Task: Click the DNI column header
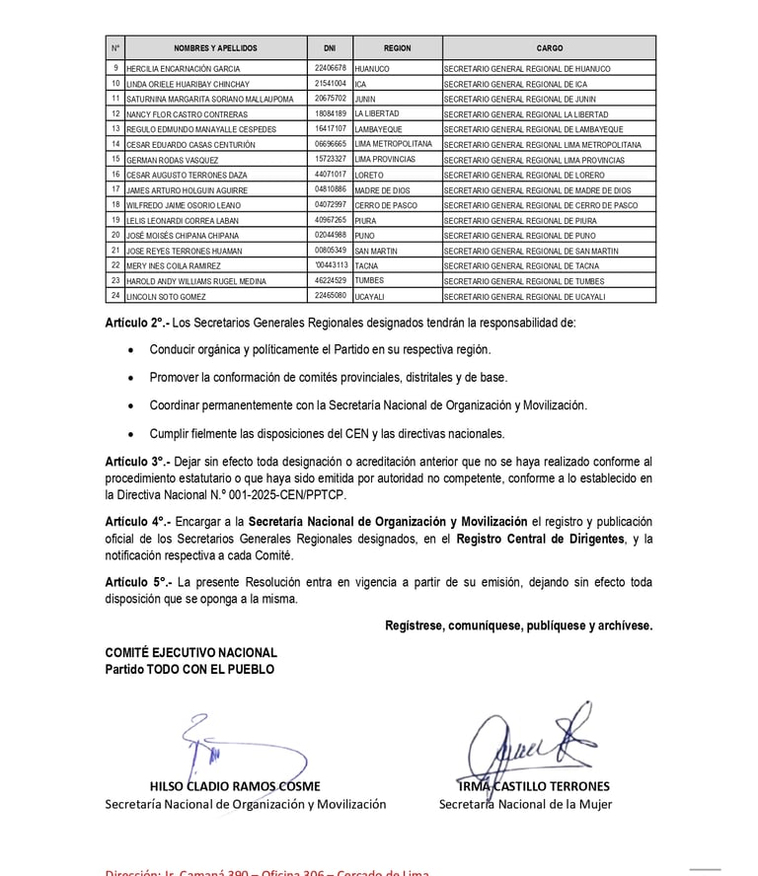pos(330,47)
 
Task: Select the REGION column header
pos(397,47)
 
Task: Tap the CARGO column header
pos(549,47)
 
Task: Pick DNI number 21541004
pos(330,84)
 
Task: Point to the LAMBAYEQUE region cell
pos(380,129)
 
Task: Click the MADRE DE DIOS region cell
pos(382,189)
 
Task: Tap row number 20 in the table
pos(115,235)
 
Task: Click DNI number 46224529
pos(330,280)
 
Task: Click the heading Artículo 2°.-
pos(138,322)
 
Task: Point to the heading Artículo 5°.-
pos(138,582)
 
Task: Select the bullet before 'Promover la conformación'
pos(133,377)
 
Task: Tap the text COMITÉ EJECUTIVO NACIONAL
pos(191,653)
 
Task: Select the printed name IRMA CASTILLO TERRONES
pos(533,786)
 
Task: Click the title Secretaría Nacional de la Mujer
pos(525,804)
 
